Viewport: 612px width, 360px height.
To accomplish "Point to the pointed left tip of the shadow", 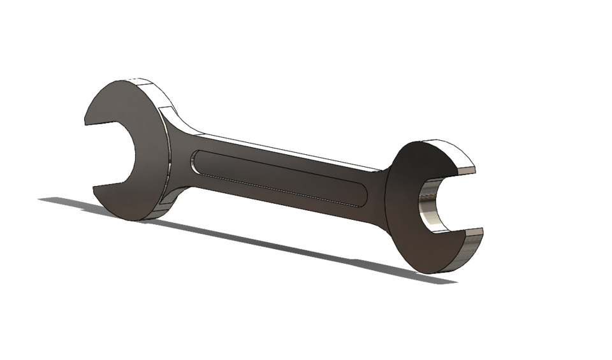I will (42, 199).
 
